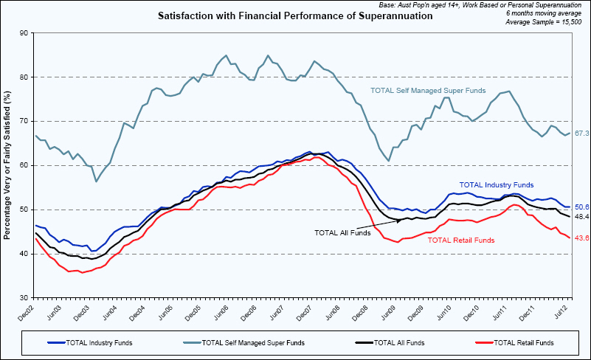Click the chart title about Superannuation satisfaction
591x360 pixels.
coord(295,15)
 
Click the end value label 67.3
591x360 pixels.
coord(581,133)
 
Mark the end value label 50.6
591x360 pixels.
coord(581,207)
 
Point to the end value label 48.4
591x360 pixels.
coord(581,217)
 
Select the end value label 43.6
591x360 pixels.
coord(581,238)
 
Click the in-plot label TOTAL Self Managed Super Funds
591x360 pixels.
coord(427,91)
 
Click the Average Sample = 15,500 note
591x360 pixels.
coord(544,22)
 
